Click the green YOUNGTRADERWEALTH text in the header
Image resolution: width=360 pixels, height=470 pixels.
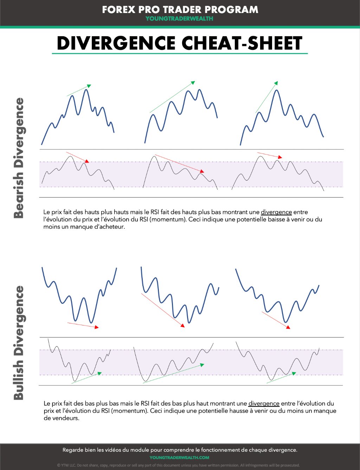pos(179,19)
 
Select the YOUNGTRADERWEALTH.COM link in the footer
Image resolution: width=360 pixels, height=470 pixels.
pos(179,457)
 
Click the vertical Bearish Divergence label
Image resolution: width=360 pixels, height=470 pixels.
pos(19,158)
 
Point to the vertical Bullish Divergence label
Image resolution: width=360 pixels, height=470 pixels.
pos(19,342)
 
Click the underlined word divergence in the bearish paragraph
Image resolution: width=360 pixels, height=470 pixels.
pos(276,212)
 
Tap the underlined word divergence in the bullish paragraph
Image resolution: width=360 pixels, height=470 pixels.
pos(264,404)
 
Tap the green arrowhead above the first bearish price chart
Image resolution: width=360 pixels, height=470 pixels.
pos(89,86)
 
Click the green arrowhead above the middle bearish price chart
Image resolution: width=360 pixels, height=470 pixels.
pos(193,83)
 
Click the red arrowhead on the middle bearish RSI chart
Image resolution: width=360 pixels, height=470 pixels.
pos(202,171)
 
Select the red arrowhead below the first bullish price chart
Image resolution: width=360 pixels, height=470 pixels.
pos(97,327)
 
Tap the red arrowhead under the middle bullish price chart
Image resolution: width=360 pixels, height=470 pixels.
pos(182,325)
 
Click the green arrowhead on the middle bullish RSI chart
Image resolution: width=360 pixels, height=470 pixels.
pos(202,365)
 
